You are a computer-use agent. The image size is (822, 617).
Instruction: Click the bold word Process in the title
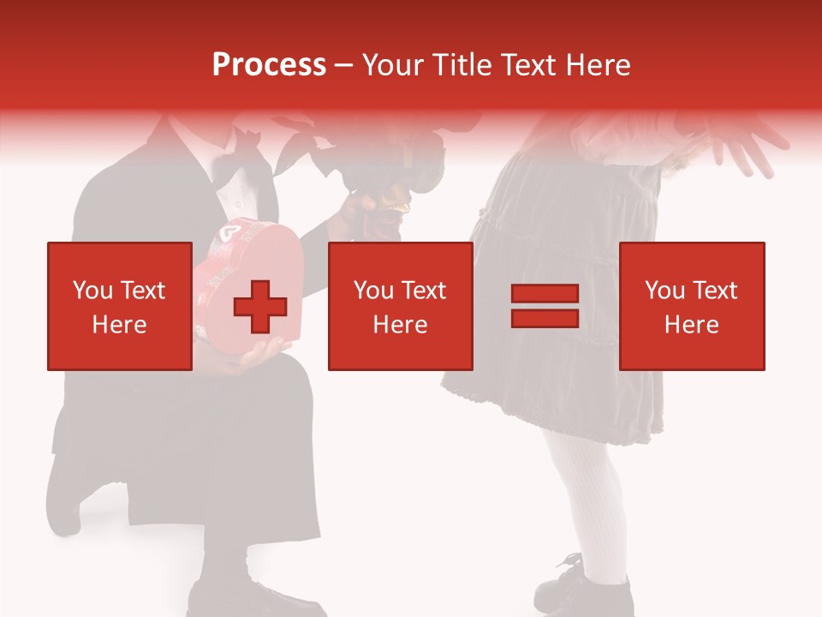(x=269, y=65)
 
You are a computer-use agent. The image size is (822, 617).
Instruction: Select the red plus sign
(x=260, y=307)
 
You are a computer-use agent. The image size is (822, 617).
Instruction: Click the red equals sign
(x=545, y=306)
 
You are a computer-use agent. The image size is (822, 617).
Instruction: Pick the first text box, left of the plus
(x=119, y=306)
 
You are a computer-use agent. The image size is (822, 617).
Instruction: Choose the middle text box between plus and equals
(x=400, y=306)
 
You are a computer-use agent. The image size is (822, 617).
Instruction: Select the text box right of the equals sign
(x=691, y=306)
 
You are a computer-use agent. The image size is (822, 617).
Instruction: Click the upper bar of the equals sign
(x=545, y=294)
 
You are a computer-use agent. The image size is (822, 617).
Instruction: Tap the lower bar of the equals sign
(x=545, y=318)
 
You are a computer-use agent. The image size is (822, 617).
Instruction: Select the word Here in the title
(x=595, y=65)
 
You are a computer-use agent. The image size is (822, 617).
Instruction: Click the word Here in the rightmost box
(x=691, y=325)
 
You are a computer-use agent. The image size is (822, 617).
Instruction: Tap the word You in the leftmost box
(x=92, y=291)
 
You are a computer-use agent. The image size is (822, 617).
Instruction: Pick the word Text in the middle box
(x=424, y=291)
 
